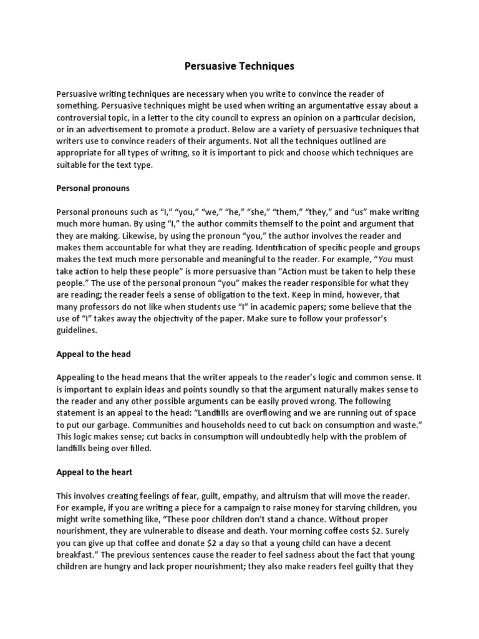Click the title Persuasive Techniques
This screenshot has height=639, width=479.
[x=239, y=65]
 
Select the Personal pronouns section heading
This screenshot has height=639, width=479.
[x=92, y=187]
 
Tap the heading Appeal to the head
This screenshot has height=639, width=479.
[x=94, y=354]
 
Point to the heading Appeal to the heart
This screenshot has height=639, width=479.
[x=94, y=472]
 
